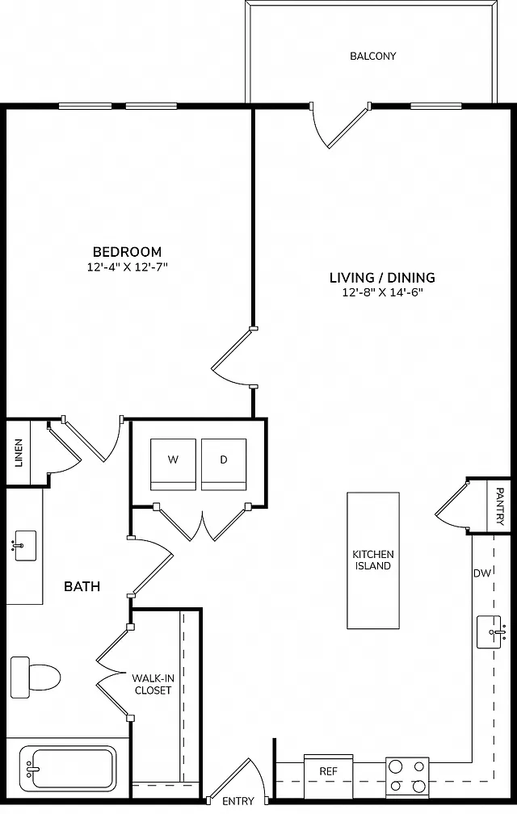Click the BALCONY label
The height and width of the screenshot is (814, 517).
pyautogui.click(x=372, y=56)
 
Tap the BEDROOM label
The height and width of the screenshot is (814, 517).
pyautogui.click(x=127, y=252)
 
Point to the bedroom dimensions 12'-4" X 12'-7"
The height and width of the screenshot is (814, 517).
pyautogui.click(x=127, y=267)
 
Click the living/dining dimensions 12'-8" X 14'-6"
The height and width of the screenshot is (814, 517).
pyautogui.click(x=383, y=292)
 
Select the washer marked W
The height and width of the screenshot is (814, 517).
pyautogui.click(x=174, y=464)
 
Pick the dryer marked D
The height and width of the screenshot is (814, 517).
pyautogui.click(x=224, y=464)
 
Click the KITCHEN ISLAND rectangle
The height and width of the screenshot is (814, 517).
pyautogui.click(x=373, y=560)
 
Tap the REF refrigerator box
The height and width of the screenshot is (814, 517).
pyautogui.click(x=329, y=775)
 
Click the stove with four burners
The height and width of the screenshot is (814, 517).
pyautogui.click(x=407, y=777)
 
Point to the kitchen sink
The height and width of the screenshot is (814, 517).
pyautogui.click(x=490, y=631)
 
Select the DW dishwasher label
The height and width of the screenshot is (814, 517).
pyautogui.click(x=482, y=573)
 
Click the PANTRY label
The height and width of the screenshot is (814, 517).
pyautogui.click(x=499, y=506)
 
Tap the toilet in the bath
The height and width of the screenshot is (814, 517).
pyautogui.click(x=36, y=677)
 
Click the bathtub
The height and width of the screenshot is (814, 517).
pyautogui.click(x=68, y=769)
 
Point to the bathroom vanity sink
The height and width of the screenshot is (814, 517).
pyautogui.click(x=24, y=545)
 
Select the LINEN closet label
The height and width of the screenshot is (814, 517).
pyautogui.click(x=19, y=453)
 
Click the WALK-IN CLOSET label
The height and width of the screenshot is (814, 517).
pyautogui.click(x=153, y=684)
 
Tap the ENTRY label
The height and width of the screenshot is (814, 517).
pyautogui.click(x=238, y=801)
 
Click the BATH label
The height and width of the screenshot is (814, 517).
pyautogui.click(x=82, y=586)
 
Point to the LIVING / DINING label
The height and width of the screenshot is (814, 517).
pyautogui.click(x=383, y=278)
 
